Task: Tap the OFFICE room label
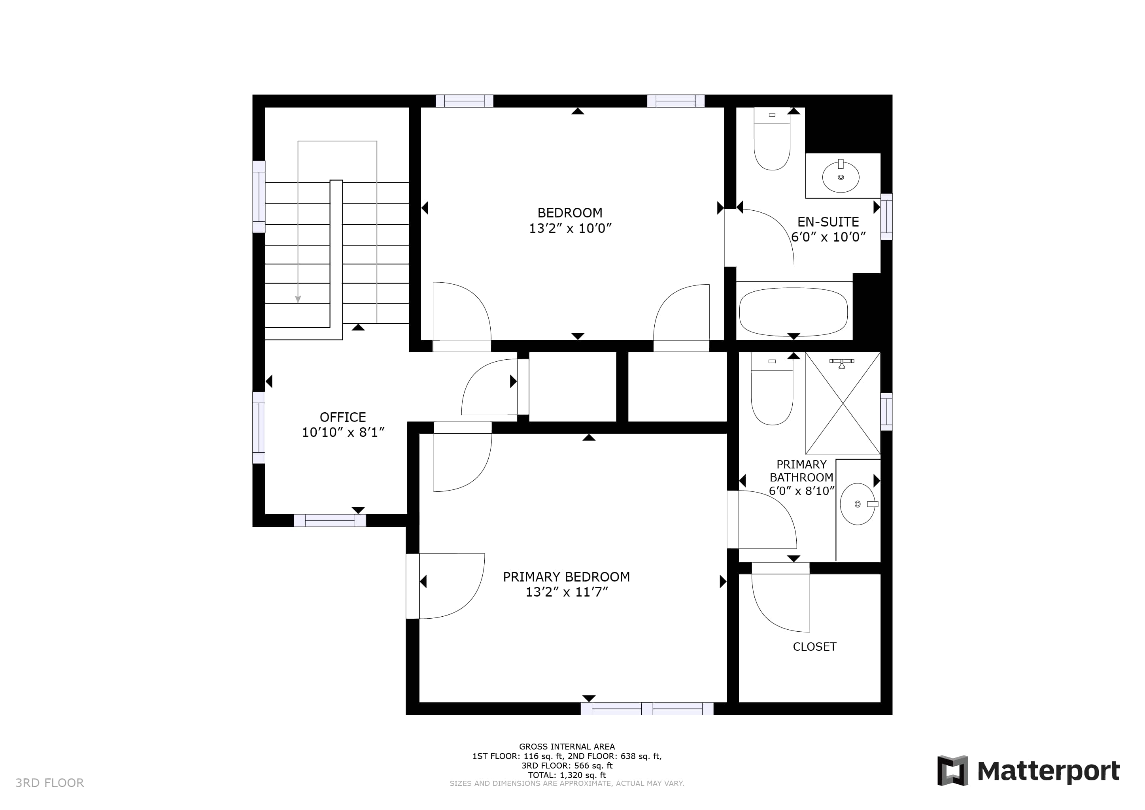click(343, 417)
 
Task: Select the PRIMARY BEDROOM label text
click(566, 577)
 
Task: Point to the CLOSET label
click(814, 646)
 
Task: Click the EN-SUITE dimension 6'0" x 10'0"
click(828, 237)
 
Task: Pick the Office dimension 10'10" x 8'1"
click(343, 432)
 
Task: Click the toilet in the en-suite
click(772, 139)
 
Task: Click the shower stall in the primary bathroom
click(843, 403)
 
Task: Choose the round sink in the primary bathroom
click(858, 504)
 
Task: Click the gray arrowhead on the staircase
click(298, 299)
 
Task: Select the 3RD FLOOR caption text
click(50, 783)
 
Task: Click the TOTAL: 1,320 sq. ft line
click(567, 775)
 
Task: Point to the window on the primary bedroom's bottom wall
click(647, 709)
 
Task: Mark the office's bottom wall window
click(330, 521)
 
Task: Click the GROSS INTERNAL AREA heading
click(567, 747)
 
